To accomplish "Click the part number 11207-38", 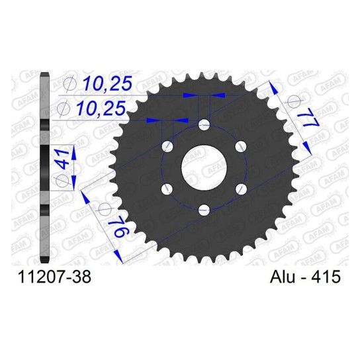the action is [55, 277].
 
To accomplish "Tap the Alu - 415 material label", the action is [305, 277].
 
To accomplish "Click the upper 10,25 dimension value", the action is [107, 83].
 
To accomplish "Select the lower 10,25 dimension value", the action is [101, 108].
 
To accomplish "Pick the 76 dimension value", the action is [120, 227].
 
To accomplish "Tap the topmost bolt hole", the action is [204, 124].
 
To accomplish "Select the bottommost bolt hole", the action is [204, 210].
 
